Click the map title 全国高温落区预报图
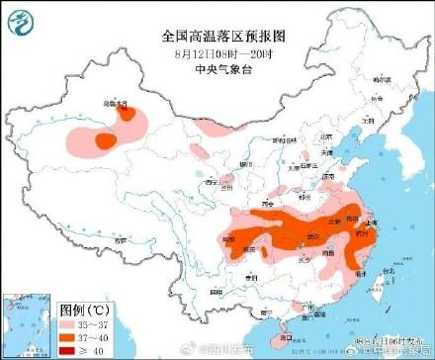click(217, 36)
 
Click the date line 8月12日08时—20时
click(217, 53)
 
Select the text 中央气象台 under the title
click(217, 70)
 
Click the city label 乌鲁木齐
click(116, 102)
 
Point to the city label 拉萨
click(120, 240)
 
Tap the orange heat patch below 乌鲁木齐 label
click(105, 141)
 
